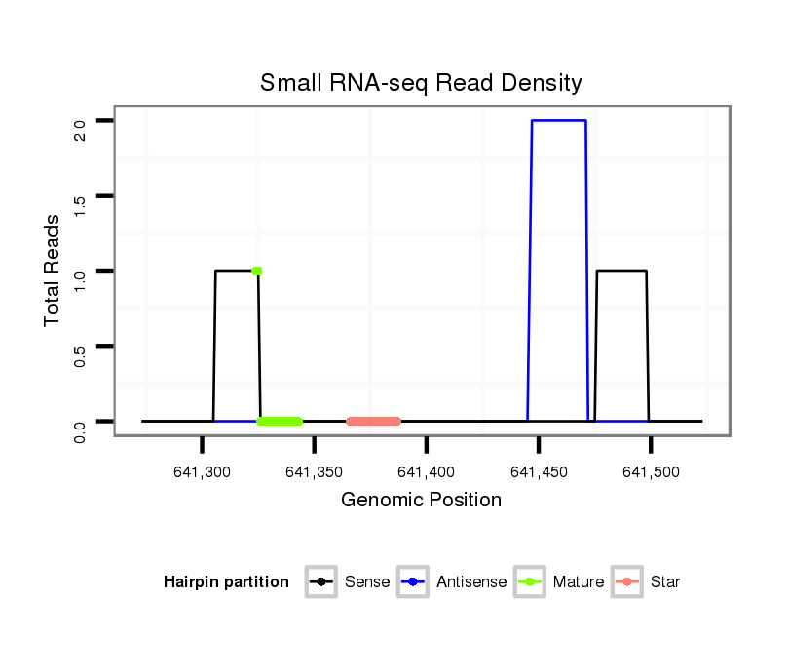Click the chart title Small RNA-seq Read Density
pyautogui.click(x=421, y=83)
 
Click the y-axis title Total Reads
pyautogui.click(x=55, y=271)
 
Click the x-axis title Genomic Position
pyautogui.click(x=421, y=501)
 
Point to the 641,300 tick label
pyautogui.click(x=202, y=472)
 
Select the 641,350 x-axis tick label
pyautogui.click(x=314, y=472)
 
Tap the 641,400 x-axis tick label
pyautogui.click(x=426, y=472)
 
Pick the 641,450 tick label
pyautogui.click(x=539, y=472)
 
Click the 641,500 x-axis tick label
pyautogui.click(x=651, y=472)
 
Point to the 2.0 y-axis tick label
pyautogui.click(x=81, y=121)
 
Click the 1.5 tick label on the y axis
pyautogui.click(x=81, y=196)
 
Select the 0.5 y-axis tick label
pyautogui.click(x=81, y=346)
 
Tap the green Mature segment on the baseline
pyautogui.click(x=281, y=421)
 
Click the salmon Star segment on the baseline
pyautogui.click(x=373, y=421)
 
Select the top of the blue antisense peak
pyautogui.click(x=558, y=121)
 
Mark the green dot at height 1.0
pyautogui.click(x=256, y=271)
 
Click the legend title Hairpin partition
pyautogui.click(x=226, y=582)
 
